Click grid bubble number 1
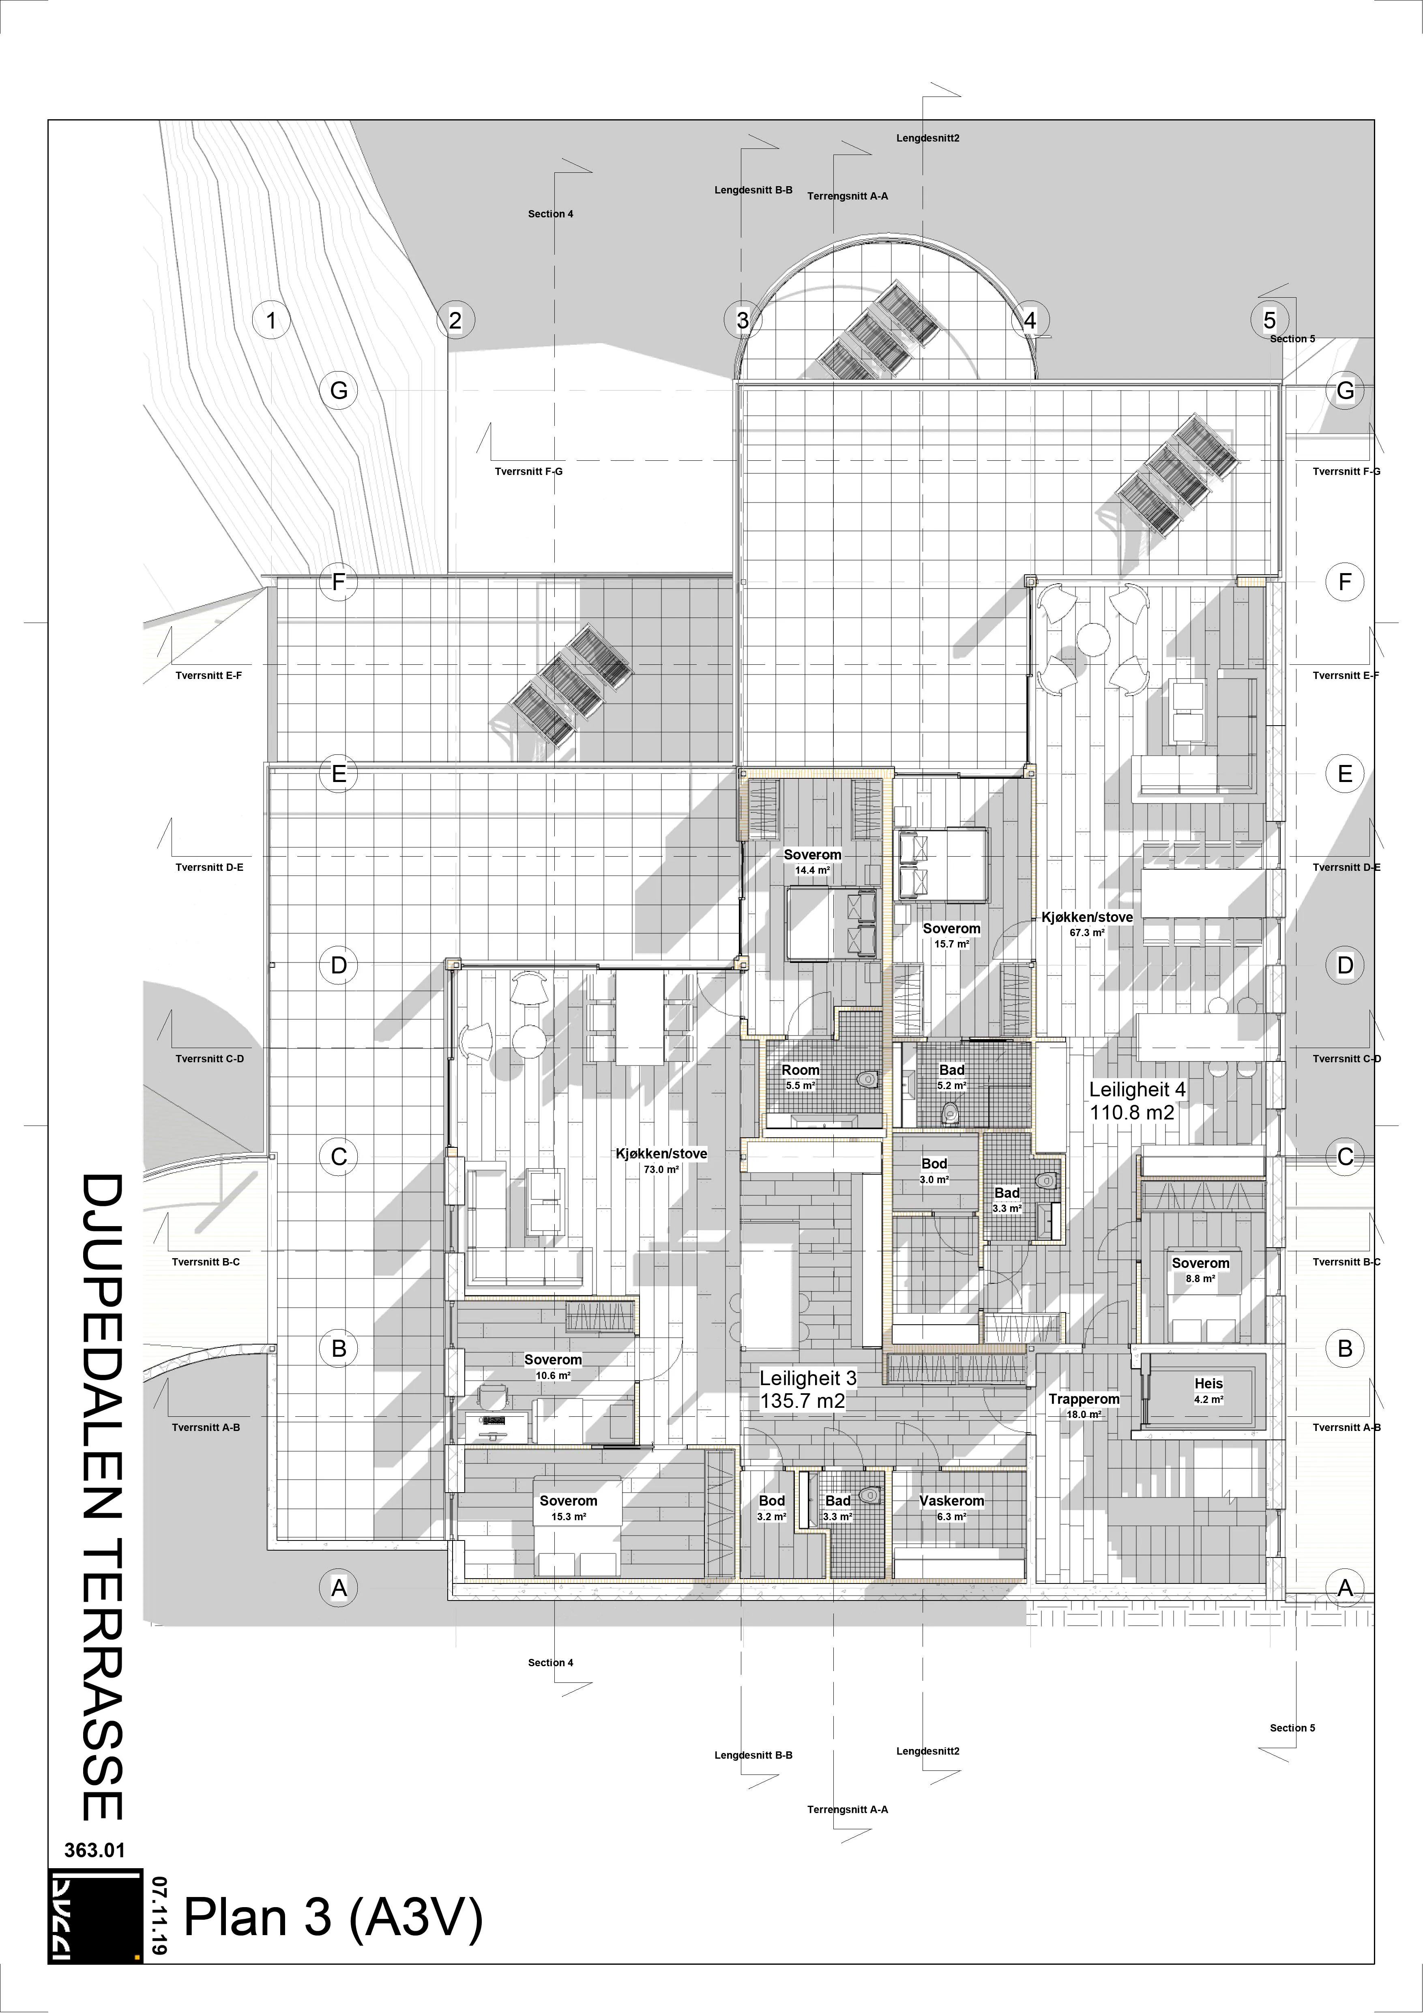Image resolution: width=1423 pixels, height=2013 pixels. [271, 320]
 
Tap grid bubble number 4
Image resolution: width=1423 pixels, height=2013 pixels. [1030, 320]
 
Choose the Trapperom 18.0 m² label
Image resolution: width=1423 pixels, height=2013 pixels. [1084, 1405]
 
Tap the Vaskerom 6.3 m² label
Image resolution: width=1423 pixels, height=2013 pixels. [951, 1507]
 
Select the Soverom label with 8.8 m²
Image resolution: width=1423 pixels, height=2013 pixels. [1200, 1270]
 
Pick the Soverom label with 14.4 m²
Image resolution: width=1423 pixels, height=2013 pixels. [812, 861]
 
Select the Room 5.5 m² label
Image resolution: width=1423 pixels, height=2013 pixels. [801, 1076]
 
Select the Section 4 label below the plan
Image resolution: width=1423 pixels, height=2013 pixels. [551, 1662]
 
